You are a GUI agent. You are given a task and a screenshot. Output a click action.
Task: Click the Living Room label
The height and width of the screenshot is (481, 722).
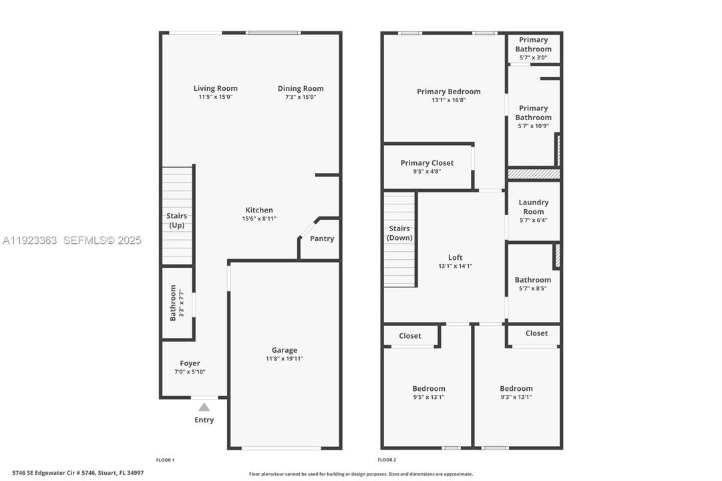coord(215,88)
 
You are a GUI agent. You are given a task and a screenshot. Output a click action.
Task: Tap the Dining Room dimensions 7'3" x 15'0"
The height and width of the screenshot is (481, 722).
coord(301,97)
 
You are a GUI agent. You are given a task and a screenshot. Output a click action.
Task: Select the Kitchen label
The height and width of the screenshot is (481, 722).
coord(258,210)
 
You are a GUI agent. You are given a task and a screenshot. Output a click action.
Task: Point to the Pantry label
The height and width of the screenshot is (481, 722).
coord(322,238)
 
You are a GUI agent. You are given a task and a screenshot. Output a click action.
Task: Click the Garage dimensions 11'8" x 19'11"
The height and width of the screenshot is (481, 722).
coord(284,359)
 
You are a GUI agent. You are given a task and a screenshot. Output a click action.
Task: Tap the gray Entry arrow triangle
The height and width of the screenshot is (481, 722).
coord(204,407)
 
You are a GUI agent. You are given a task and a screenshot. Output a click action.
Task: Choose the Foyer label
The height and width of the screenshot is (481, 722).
coord(190,363)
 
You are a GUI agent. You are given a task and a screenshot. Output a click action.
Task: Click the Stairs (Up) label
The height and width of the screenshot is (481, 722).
coord(177,220)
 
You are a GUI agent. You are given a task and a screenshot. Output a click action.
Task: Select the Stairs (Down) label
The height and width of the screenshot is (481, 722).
coord(399,233)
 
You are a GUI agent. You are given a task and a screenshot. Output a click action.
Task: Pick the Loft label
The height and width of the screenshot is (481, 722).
coord(455,257)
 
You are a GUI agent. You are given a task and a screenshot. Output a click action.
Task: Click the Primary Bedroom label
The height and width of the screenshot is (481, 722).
coord(448,92)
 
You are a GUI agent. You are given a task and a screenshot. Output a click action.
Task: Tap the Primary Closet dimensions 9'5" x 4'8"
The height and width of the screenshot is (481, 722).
coord(427,171)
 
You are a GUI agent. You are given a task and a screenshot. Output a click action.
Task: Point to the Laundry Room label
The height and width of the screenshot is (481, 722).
coord(533,206)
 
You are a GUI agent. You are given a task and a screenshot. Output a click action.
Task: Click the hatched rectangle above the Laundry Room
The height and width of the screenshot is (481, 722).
coord(533,174)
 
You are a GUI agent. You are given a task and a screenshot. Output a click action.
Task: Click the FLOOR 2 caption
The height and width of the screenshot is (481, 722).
coord(387,460)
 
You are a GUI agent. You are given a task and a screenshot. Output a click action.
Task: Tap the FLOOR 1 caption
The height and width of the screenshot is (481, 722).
coord(165,460)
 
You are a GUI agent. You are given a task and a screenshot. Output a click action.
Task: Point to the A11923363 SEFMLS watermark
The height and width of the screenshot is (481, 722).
coord(72,240)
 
